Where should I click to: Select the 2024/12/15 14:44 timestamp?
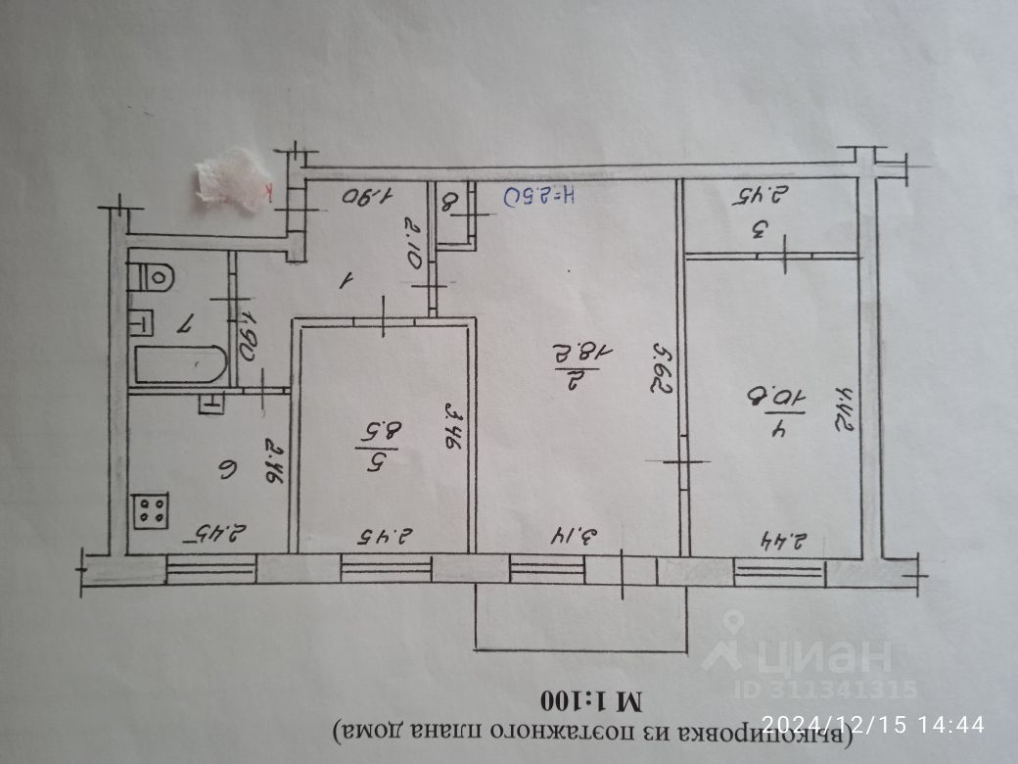click(x=872, y=725)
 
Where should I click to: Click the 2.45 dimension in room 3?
click(x=758, y=196)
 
